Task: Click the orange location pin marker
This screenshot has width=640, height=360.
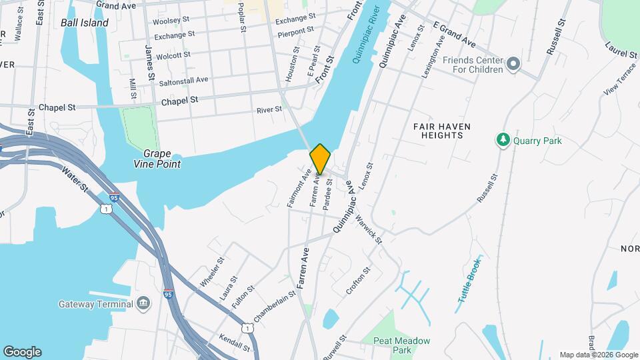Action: (320, 159)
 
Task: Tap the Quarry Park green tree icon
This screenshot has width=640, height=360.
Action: (503, 140)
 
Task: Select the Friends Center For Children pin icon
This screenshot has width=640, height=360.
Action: (513, 64)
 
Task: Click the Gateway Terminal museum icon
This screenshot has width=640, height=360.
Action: (143, 304)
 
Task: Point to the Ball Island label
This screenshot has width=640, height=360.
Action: (84, 23)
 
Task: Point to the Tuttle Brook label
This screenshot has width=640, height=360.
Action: (469, 279)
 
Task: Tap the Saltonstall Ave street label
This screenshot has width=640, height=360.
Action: (180, 79)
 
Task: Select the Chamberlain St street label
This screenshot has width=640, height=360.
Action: (275, 304)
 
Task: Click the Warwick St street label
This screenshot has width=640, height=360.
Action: (368, 228)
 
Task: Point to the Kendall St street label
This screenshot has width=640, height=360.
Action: (233, 343)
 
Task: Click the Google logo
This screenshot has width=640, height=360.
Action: (22, 352)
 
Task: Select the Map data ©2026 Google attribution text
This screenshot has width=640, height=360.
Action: (597, 355)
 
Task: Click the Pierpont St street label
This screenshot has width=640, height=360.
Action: (295, 31)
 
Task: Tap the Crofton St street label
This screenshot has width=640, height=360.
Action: (357, 282)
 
